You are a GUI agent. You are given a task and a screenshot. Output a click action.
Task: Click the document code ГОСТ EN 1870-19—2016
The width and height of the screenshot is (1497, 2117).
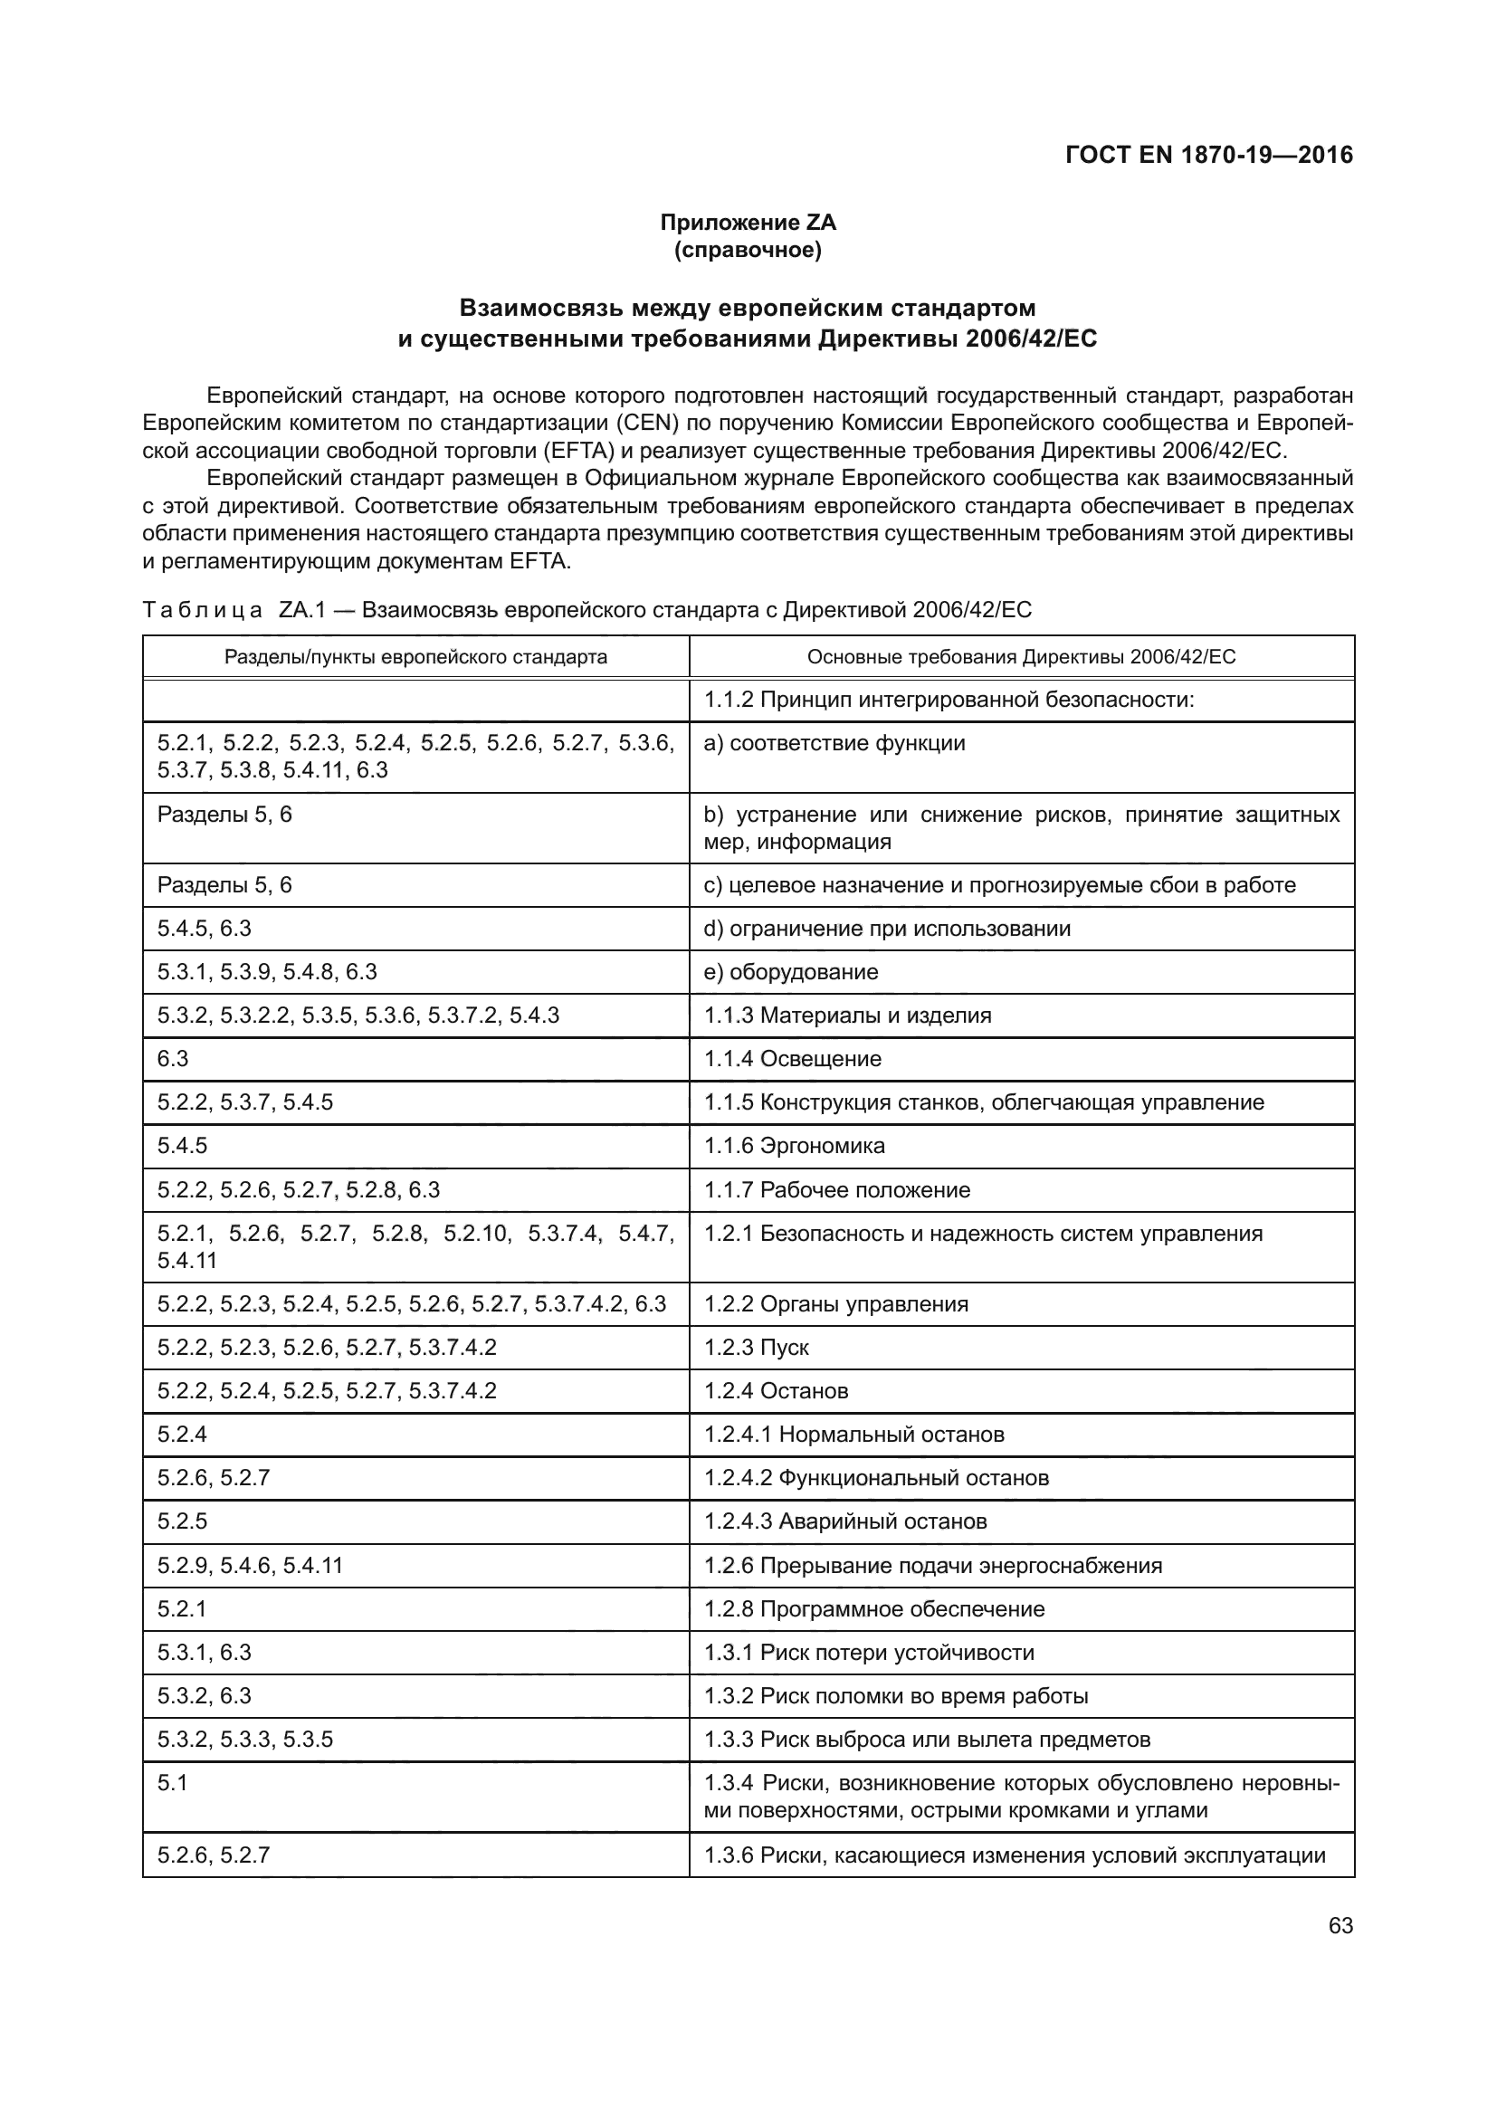pyautogui.click(x=1208, y=155)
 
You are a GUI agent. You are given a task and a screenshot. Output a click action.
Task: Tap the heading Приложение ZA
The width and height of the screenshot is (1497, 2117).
pyautogui.click(x=748, y=223)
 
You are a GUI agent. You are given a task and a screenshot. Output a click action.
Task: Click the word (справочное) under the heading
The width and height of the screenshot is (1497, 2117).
pyautogui.click(x=748, y=250)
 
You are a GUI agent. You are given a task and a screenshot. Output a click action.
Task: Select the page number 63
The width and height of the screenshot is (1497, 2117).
pyautogui.click(x=1340, y=1925)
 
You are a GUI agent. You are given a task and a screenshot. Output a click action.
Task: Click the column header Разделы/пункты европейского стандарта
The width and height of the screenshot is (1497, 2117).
pyautogui.click(x=415, y=656)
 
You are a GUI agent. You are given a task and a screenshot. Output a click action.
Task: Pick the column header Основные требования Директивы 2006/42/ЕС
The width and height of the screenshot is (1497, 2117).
pyautogui.click(x=1021, y=656)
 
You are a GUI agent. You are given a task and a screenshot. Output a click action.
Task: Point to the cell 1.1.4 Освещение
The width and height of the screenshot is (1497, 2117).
pyautogui.click(x=793, y=1059)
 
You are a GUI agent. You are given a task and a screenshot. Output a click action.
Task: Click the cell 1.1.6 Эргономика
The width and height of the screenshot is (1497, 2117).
pyautogui.click(x=795, y=1145)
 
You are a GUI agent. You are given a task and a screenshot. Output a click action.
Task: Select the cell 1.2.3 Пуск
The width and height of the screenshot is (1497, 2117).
pyautogui.click(x=757, y=1347)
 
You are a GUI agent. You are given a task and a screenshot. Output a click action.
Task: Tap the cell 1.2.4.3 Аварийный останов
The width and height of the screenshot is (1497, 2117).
pyautogui.click(x=845, y=1521)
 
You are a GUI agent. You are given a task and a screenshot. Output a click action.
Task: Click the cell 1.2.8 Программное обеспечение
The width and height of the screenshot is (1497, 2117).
pyautogui.click(x=874, y=1609)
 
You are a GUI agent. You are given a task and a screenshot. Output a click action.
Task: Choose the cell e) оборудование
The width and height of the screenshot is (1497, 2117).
pyautogui.click(x=791, y=972)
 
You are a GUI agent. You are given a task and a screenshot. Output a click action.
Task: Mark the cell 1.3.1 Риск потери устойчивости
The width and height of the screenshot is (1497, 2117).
pyautogui.click(x=869, y=1653)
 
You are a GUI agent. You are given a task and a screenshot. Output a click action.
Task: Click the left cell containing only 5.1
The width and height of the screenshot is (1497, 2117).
pyautogui.click(x=172, y=1783)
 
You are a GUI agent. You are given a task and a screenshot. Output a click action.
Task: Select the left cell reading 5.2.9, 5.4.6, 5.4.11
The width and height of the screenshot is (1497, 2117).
pyautogui.click(x=250, y=1566)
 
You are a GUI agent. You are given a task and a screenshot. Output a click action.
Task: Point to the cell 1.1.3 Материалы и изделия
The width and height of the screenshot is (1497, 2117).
pyautogui.click(x=848, y=1016)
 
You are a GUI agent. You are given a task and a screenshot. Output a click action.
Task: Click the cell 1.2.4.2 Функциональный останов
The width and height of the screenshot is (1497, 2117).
pyautogui.click(x=877, y=1478)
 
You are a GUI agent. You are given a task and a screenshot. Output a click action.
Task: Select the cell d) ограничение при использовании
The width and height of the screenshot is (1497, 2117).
pyautogui.click(x=887, y=929)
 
